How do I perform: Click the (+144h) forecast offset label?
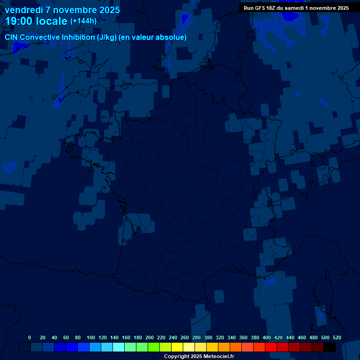coord(83,21)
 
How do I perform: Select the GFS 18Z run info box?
coord(296,8)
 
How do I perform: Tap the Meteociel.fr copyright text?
coord(199,357)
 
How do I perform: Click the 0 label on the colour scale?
coord(30,337)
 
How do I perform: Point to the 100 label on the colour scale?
coord(91,337)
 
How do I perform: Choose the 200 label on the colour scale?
coord(150,337)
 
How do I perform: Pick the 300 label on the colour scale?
coord(208,337)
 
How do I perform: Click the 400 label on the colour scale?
coord(267,337)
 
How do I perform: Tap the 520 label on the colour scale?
coord(337,337)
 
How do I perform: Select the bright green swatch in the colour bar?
coord(154,347)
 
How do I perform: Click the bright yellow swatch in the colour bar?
coord(177,347)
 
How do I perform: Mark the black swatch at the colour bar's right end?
coord(330,347)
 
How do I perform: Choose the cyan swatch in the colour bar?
coord(119,347)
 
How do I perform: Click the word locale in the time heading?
coord(52,21)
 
